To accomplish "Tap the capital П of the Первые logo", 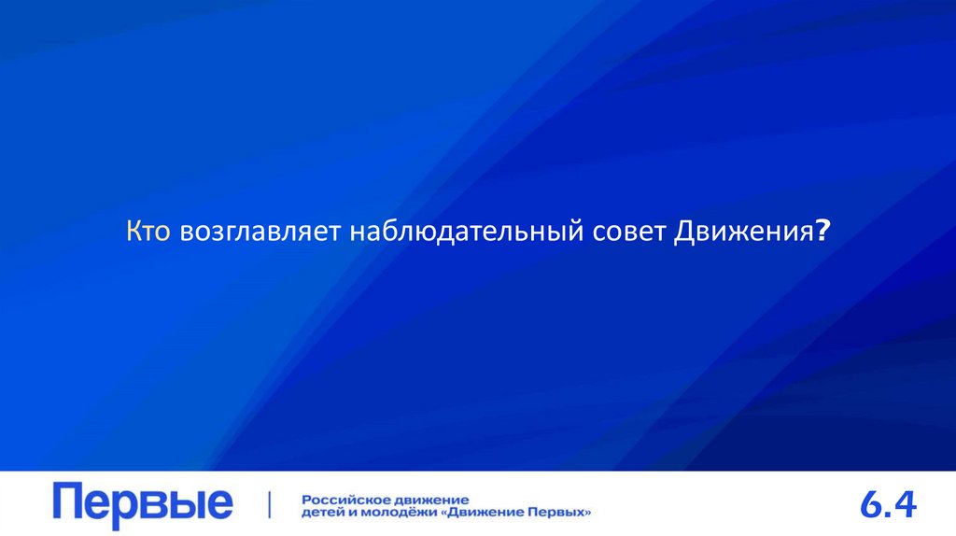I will [68, 503].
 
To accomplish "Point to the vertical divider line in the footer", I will [271, 504].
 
